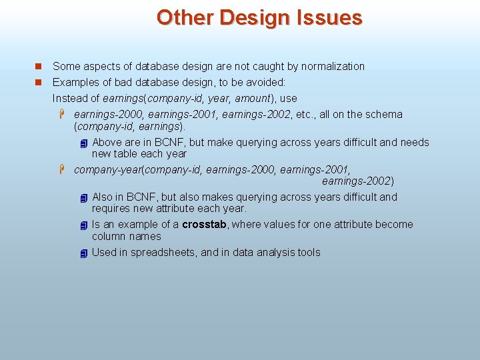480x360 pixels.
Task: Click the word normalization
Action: point(333,66)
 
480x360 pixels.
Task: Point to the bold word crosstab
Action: point(205,224)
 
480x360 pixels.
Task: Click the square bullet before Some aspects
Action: point(38,66)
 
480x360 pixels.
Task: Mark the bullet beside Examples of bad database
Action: point(38,82)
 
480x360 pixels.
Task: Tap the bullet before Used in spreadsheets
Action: point(83,253)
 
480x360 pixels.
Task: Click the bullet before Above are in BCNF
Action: point(83,143)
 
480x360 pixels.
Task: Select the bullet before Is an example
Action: point(83,225)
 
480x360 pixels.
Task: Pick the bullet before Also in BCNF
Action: point(83,198)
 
